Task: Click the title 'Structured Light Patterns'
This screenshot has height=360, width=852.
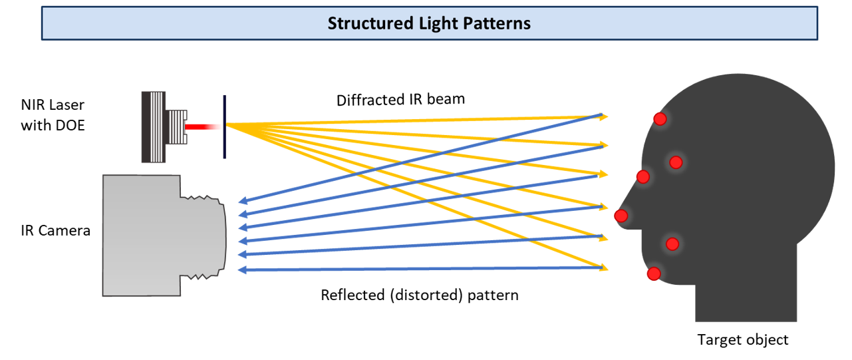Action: pyautogui.click(x=429, y=23)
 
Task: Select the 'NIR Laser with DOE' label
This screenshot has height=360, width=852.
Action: pyautogui.click(x=53, y=114)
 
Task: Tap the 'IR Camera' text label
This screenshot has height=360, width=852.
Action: pyautogui.click(x=56, y=231)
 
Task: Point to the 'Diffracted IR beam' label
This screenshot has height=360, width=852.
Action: pyautogui.click(x=400, y=100)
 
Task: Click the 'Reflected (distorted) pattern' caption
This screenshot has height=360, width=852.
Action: pyautogui.click(x=419, y=294)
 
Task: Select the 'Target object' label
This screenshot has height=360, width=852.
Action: pyautogui.click(x=742, y=340)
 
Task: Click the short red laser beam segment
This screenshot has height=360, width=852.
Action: pyautogui.click(x=202, y=126)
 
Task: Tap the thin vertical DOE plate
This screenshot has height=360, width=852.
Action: pyautogui.click(x=224, y=126)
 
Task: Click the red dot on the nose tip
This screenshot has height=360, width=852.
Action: pyautogui.click(x=621, y=216)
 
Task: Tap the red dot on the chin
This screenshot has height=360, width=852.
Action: pyautogui.click(x=654, y=273)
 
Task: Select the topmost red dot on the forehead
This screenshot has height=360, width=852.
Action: pyautogui.click(x=660, y=118)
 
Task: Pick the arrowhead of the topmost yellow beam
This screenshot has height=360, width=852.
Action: pyautogui.click(x=604, y=116)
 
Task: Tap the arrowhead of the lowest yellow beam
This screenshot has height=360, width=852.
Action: pyautogui.click(x=604, y=268)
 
